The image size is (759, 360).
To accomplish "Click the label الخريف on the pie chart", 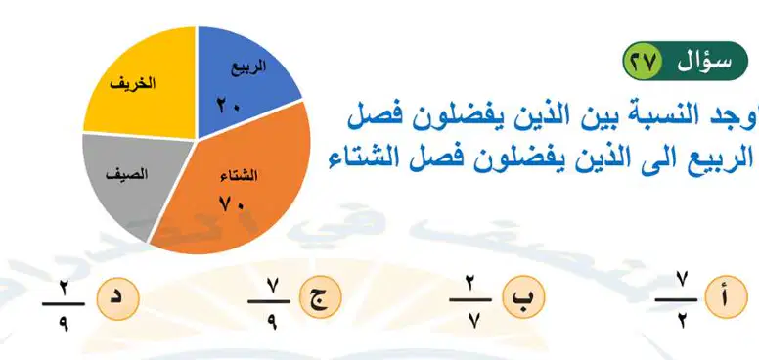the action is [133, 83].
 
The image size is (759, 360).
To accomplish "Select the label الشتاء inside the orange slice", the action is [239, 176].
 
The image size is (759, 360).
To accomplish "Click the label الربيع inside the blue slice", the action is [248, 67].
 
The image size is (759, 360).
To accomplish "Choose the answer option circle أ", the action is [727, 296].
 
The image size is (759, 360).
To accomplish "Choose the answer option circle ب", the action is [523, 296].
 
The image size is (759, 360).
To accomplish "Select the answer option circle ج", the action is [321, 296].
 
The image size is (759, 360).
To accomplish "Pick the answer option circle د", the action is [118, 298].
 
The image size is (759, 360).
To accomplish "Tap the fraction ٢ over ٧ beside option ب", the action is [470, 299].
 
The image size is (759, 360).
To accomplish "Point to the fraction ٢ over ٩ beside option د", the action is [64, 303].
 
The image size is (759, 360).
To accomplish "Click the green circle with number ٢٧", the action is [642, 62].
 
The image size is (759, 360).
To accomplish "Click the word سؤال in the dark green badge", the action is [704, 62].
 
